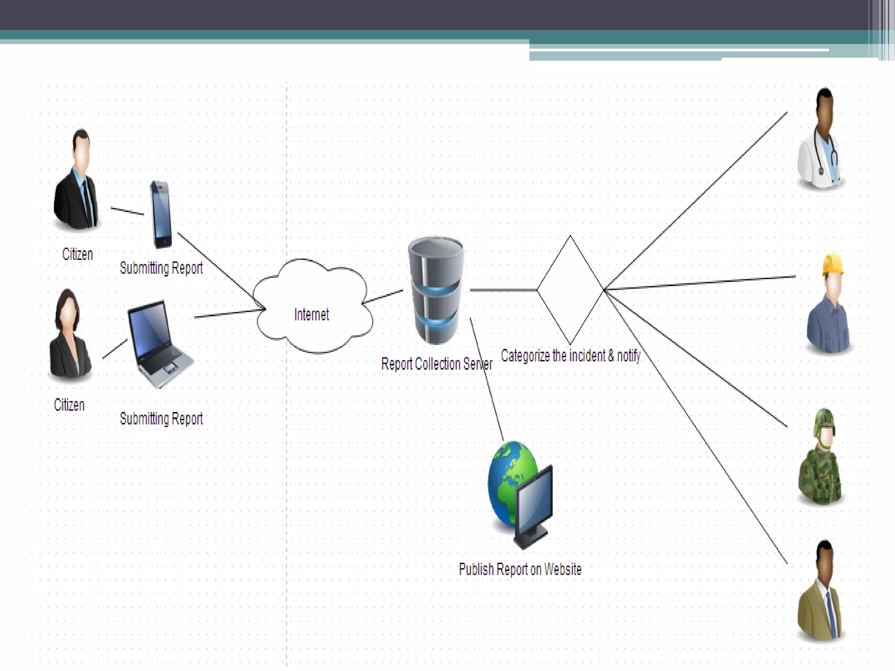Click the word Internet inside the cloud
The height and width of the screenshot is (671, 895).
click(311, 315)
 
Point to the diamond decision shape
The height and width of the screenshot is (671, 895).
click(570, 290)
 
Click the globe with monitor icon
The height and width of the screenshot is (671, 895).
click(520, 494)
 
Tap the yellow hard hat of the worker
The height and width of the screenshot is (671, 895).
click(833, 264)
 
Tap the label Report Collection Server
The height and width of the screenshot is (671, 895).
click(436, 364)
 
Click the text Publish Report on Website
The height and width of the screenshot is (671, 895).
click(520, 569)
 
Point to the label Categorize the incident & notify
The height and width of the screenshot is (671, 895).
click(570, 356)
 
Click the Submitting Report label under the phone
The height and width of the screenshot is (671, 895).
click(161, 268)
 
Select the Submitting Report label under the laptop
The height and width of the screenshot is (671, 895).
click(161, 419)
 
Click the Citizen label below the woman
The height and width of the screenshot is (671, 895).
click(69, 405)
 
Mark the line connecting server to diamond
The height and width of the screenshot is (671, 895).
click(503, 290)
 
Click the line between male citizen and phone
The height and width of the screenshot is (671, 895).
click(127, 211)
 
